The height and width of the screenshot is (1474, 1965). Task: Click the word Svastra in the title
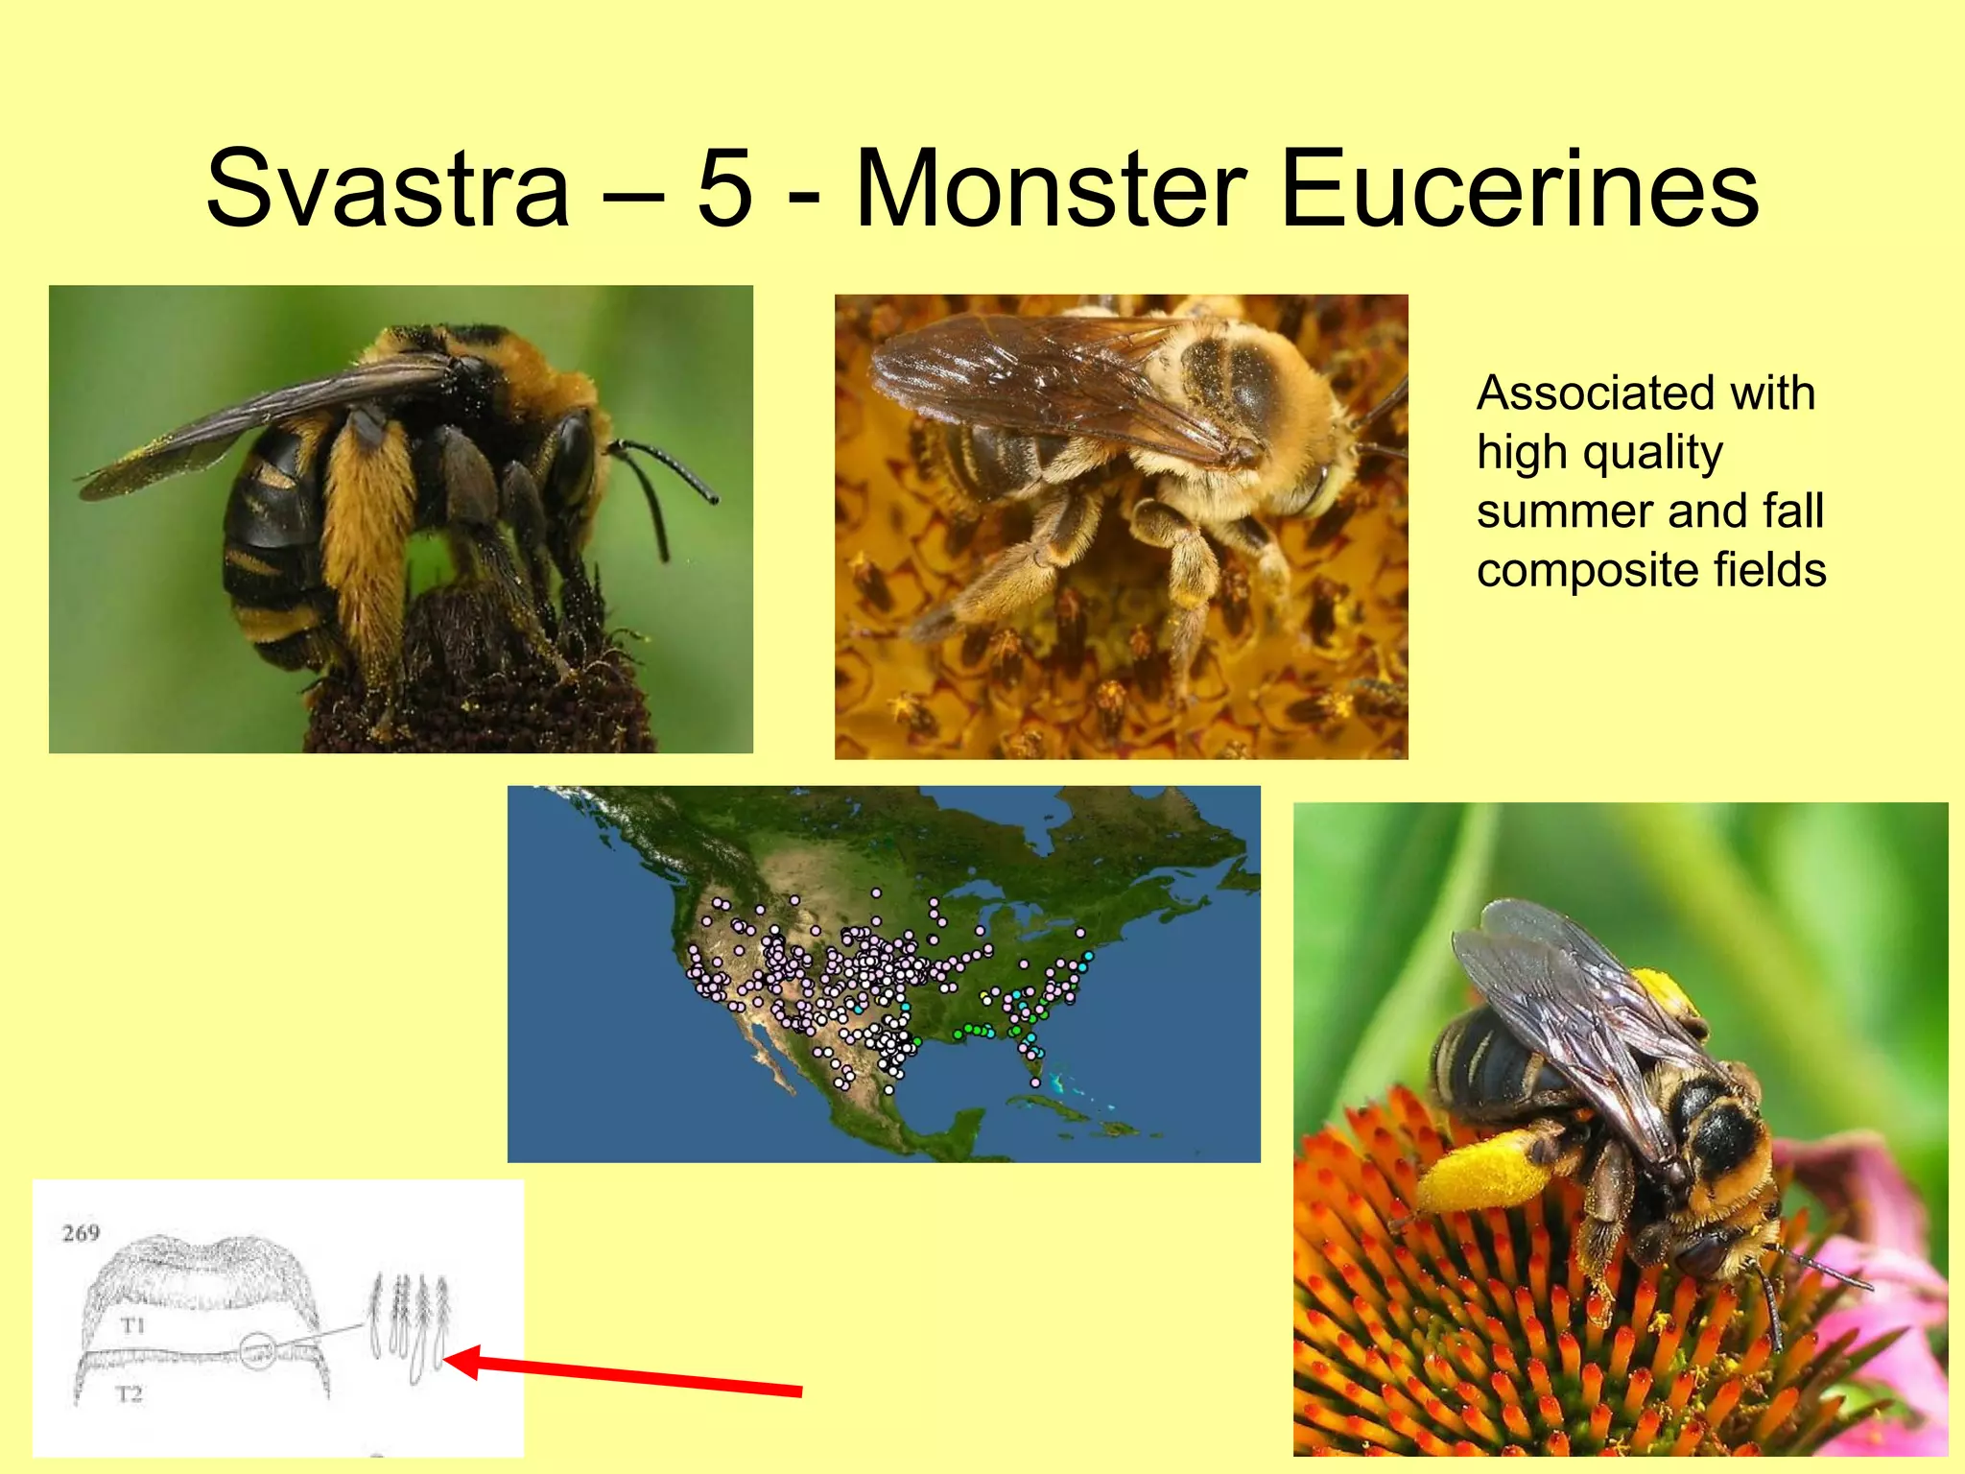point(388,189)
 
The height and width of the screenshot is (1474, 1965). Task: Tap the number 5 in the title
point(724,189)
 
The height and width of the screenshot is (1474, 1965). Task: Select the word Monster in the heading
point(1052,189)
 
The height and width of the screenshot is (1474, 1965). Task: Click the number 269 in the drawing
point(81,1233)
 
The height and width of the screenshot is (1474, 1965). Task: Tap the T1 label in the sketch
point(133,1326)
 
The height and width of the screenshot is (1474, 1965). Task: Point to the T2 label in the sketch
point(130,1393)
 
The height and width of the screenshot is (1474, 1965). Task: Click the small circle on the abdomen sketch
point(257,1351)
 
